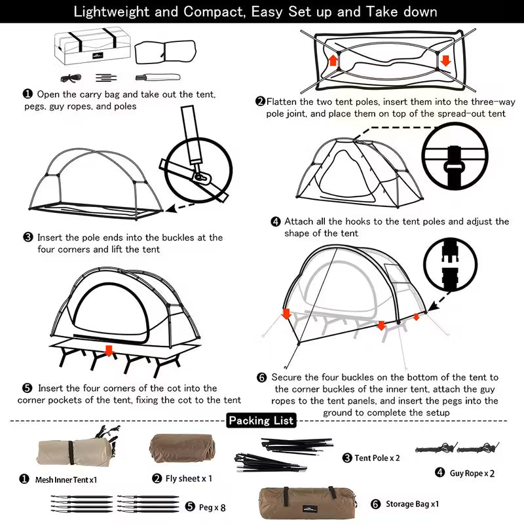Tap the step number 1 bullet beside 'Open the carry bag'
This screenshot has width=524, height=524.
click(28, 94)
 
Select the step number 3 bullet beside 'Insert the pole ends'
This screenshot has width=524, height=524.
click(28, 237)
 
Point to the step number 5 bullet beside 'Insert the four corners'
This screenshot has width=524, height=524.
click(27, 388)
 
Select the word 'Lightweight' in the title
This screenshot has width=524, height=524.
click(109, 12)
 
